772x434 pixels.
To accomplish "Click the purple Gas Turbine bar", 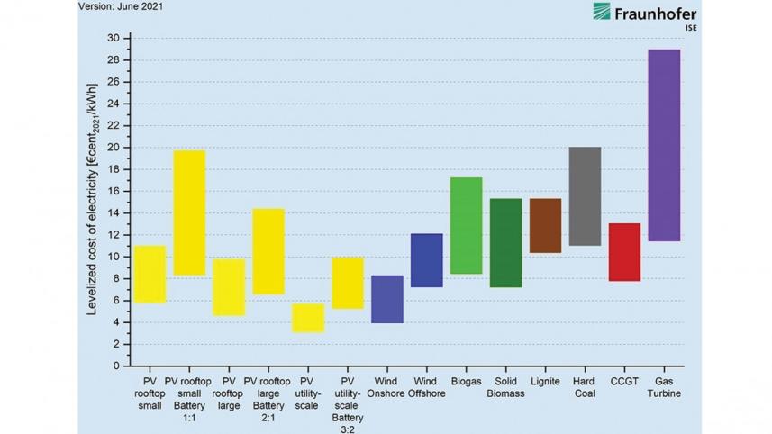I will click(664, 145).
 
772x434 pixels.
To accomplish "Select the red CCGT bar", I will click(624, 252).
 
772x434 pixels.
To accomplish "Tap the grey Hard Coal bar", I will click(585, 195).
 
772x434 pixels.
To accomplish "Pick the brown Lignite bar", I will click(545, 225).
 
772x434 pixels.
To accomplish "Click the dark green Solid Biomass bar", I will click(505, 242).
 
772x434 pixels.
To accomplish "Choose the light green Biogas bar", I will click(466, 225).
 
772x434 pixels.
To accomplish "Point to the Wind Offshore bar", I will click(426, 260).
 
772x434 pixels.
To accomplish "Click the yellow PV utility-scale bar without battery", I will click(308, 318).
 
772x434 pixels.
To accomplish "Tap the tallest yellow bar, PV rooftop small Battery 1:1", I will click(189, 212).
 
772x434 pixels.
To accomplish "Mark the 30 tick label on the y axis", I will click(113, 38).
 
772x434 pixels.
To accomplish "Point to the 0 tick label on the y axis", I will click(115, 366).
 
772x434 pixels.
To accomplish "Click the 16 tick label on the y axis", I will click(113, 191).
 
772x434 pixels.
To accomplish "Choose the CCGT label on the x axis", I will click(624, 382).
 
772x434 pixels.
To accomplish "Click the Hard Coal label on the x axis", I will click(584, 388).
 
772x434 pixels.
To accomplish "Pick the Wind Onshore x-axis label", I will click(386, 388).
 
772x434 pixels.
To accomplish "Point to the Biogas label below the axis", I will click(466, 382).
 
